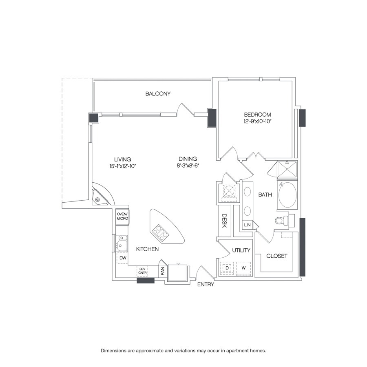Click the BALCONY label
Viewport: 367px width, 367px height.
[x=158, y=94]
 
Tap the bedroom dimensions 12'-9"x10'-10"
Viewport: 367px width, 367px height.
[x=257, y=122]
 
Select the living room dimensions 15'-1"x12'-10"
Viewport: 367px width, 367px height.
[x=122, y=166]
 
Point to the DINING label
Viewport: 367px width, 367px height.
[x=188, y=159]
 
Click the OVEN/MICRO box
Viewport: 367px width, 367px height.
[x=122, y=217]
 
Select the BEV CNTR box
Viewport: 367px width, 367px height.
[x=142, y=271]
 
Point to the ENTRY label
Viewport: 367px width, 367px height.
[x=206, y=285]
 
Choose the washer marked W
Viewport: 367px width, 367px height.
[x=243, y=268]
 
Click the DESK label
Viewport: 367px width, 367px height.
[x=224, y=222]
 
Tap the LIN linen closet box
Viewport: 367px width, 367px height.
[x=247, y=225]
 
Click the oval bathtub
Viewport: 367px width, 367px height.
[x=288, y=195]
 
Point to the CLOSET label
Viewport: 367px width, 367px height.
[x=277, y=256]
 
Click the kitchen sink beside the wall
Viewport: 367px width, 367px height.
[x=122, y=245]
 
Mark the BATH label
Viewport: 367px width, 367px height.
[x=265, y=195]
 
